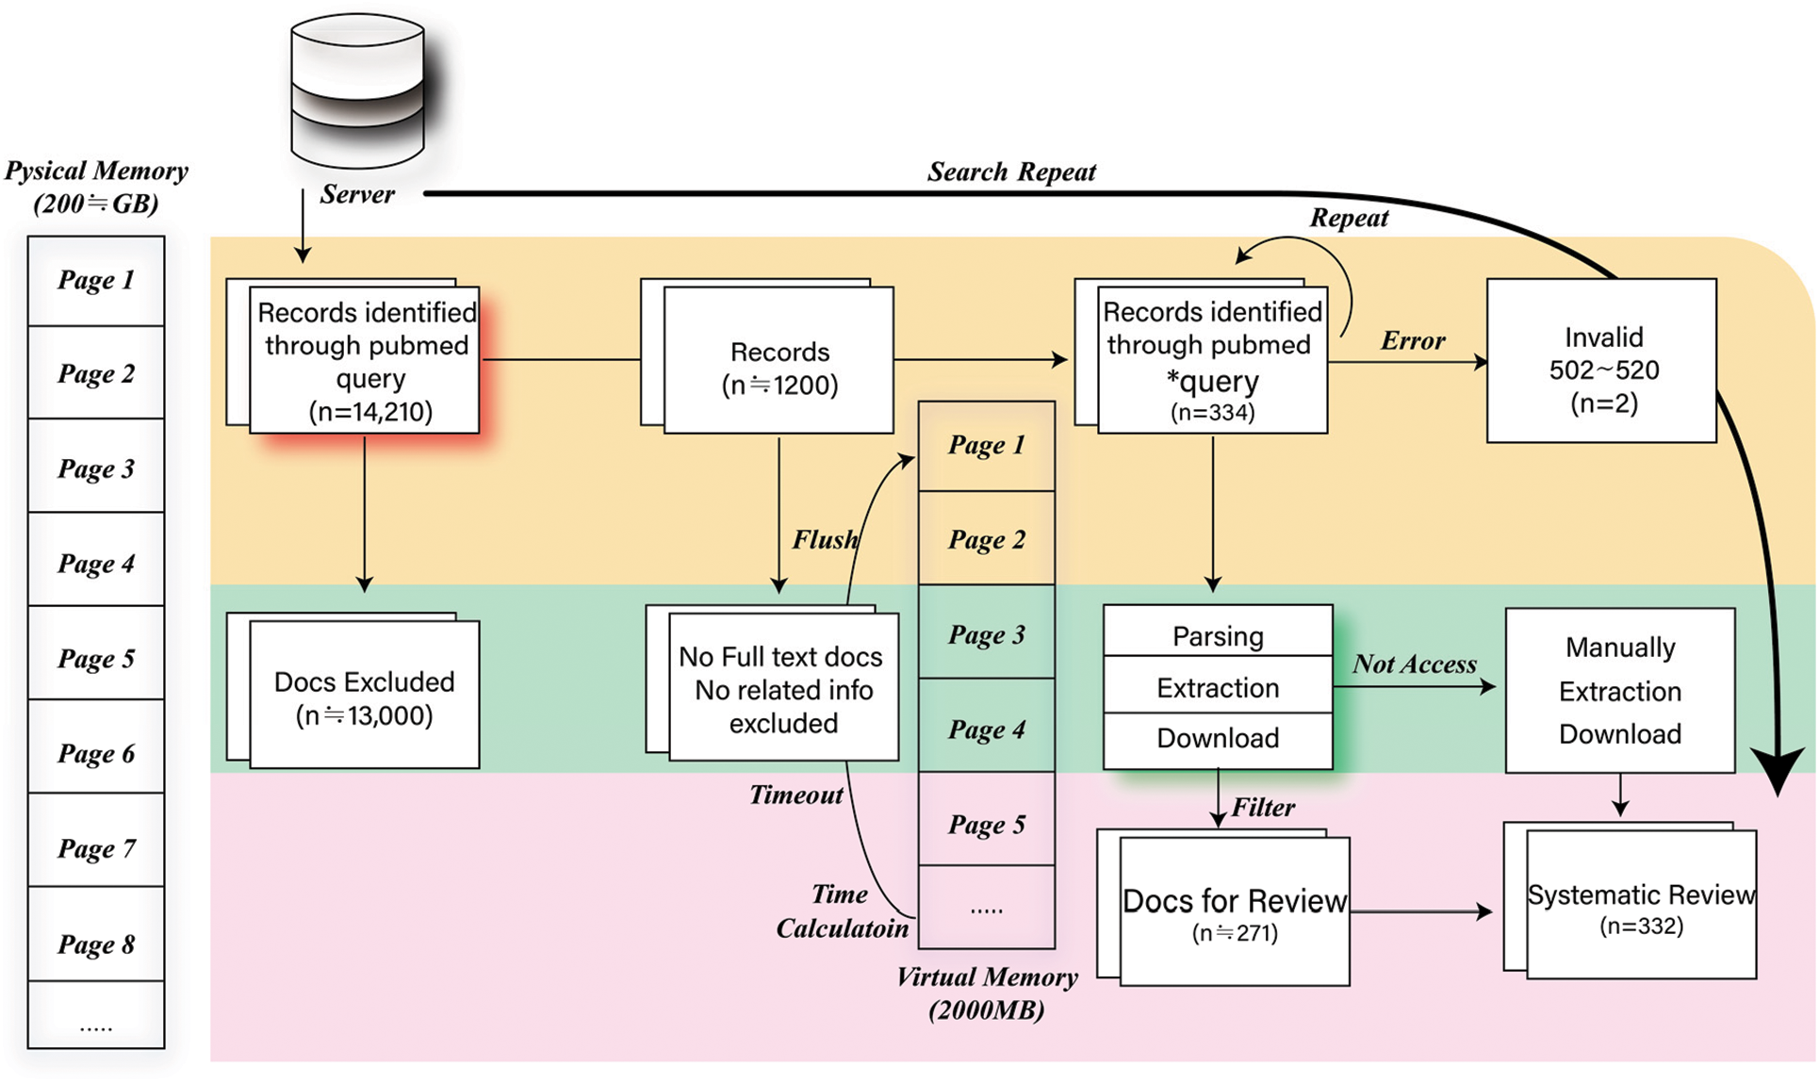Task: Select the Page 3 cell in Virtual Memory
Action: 986,632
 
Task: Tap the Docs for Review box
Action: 1235,910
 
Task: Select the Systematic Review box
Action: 1641,905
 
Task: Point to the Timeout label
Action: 796,795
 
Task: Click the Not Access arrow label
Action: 1414,664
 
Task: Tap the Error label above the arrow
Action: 1413,340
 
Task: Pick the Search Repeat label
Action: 1011,172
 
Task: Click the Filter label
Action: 1263,808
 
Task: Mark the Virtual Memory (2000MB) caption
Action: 987,993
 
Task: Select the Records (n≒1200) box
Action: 779,368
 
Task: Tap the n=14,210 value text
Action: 370,412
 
